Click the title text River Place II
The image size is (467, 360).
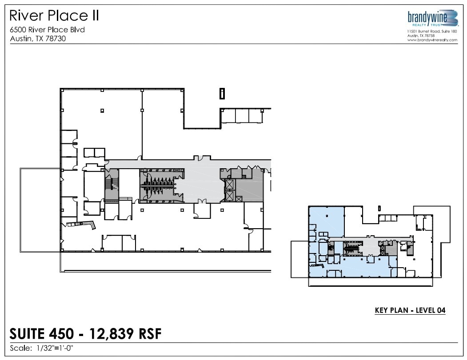point(54,16)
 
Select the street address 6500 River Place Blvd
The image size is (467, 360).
point(47,30)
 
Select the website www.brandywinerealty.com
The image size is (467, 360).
point(432,40)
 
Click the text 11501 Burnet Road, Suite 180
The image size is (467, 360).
point(431,31)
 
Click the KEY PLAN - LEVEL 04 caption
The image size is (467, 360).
point(410,310)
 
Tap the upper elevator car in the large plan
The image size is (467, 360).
point(229,184)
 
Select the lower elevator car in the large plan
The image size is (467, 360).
point(229,195)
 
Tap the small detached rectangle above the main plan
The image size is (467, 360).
point(222,93)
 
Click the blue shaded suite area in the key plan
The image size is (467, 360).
point(326,220)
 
